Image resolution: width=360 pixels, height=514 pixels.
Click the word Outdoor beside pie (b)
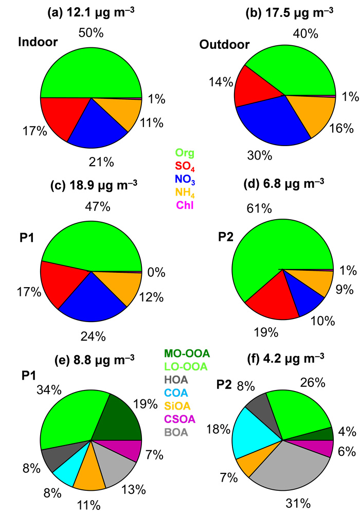(224, 45)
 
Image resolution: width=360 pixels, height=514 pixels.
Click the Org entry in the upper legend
(185, 153)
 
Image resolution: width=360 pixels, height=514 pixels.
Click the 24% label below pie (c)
(94, 336)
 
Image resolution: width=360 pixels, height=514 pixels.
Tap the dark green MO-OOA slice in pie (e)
(123, 418)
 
